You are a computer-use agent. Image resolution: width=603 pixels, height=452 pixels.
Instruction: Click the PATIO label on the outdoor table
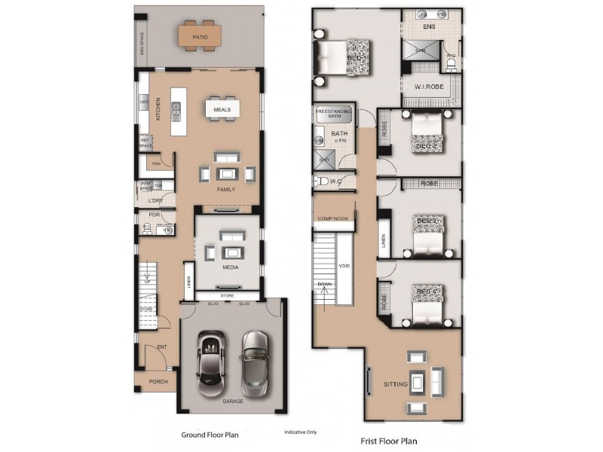coord(200,36)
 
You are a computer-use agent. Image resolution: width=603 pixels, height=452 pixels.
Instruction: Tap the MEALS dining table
coord(222,109)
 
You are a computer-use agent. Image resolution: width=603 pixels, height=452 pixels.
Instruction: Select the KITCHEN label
coord(158,109)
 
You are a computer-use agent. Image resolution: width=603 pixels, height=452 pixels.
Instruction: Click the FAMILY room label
coord(226,189)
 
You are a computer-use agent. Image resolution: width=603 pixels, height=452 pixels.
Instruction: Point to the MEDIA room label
coord(230,267)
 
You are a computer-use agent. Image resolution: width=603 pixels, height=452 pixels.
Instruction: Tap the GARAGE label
coord(233,402)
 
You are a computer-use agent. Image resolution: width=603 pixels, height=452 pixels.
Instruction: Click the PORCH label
coord(158,382)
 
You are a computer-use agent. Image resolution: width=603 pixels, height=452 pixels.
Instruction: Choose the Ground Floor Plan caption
coord(210,435)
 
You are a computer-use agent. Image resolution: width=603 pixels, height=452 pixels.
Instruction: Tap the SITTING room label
coord(395,385)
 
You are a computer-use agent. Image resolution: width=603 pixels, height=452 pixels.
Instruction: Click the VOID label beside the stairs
coord(344,266)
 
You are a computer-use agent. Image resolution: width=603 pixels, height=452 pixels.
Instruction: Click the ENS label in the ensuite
coord(429,28)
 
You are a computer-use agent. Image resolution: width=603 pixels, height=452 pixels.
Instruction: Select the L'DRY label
coord(155,201)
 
